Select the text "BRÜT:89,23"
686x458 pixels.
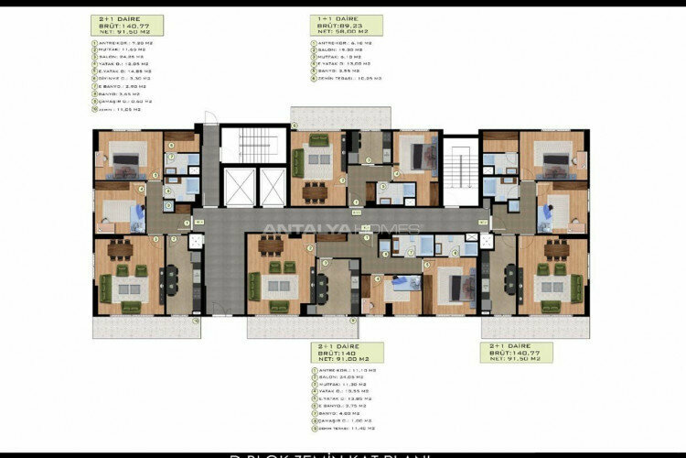click(x=336, y=26)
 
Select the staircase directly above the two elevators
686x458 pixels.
click(x=253, y=147)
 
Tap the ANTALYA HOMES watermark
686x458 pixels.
click(x=341, y=229)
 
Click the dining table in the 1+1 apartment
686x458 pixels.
click(x=316, y=190)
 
